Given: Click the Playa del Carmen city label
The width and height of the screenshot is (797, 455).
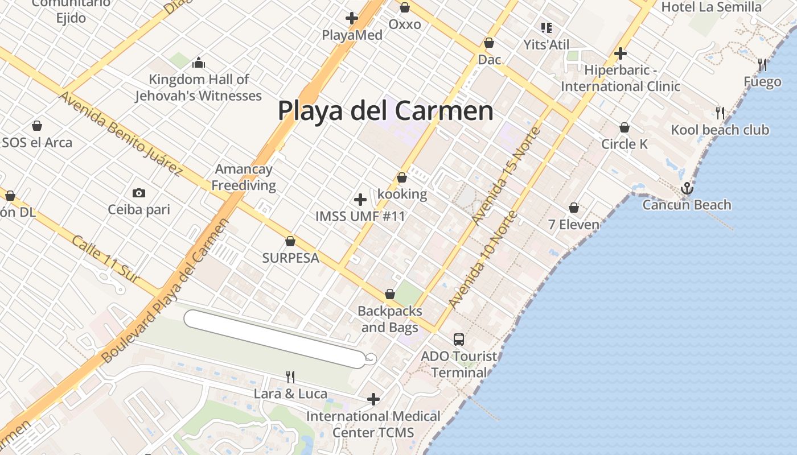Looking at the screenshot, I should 385,110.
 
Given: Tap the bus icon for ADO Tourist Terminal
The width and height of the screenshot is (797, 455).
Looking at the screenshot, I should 459,340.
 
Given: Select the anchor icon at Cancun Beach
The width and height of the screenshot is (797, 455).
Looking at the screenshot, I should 687,188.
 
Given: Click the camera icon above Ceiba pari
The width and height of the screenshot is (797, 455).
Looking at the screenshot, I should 139,193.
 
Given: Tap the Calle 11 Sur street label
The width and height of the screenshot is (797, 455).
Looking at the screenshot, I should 106,258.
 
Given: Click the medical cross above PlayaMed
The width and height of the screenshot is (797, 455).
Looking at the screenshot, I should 352,18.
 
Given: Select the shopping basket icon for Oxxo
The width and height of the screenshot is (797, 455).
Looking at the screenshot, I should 405,7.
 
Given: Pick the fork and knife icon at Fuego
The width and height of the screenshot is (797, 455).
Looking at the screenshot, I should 762,64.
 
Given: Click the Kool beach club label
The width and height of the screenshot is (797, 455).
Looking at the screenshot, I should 720,130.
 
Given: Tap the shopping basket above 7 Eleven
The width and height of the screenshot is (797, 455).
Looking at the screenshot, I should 574,208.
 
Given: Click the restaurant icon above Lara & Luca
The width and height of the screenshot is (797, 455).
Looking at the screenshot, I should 290,377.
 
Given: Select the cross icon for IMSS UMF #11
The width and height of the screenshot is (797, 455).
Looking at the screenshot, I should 360,200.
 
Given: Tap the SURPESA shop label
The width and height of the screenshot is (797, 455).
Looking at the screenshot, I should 290,258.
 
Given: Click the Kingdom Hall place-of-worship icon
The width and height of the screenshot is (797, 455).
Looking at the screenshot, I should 199,63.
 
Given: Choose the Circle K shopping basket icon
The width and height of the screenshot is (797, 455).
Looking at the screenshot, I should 625,127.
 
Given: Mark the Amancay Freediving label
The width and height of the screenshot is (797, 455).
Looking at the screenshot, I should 244,177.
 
